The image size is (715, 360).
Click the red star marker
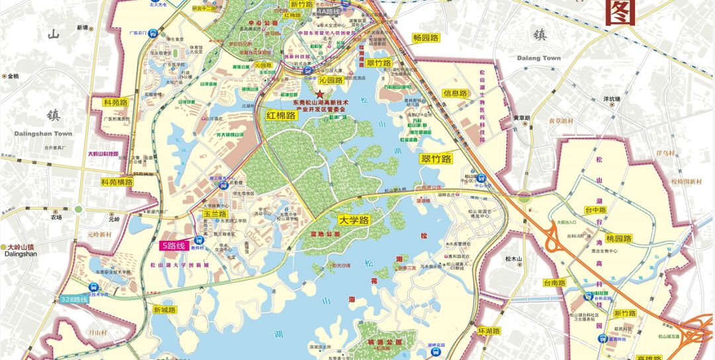(321, 95)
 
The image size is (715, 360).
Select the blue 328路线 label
(73, 299)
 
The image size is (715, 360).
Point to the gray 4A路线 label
(328, 11)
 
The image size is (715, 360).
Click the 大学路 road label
(353, 220)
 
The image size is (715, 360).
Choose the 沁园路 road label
(330, 80)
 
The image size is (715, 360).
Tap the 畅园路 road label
(426, 38)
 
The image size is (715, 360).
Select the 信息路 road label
(455, 93)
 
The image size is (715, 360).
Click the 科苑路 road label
(115, 103)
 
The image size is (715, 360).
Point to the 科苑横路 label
(117, 181)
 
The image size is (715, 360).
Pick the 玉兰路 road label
(215, 214)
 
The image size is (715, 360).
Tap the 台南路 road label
(555, 283)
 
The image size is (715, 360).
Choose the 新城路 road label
(164, 310)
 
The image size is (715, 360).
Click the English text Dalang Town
(542, 58)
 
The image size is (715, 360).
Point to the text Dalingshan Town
(43, 134)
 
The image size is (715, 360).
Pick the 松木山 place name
(514, 259)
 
